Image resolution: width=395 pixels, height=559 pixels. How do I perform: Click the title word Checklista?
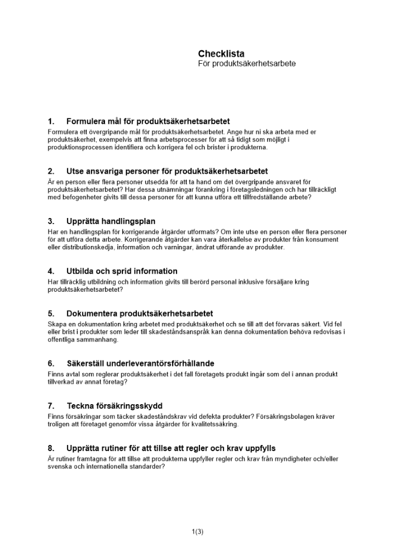point(221,54)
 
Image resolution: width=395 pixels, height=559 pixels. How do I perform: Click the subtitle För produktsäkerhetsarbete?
point(246,64)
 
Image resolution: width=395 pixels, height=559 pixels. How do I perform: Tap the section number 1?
point(51,121)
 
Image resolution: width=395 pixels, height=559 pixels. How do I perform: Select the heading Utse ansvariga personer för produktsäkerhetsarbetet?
point(167,171)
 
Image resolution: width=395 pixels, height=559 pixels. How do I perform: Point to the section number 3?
point(51,221)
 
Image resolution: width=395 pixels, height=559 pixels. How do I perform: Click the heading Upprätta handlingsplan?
point(111,221)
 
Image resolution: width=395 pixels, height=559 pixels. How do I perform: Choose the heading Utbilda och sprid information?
point(122,271)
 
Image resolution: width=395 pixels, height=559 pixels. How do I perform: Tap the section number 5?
point(51,314)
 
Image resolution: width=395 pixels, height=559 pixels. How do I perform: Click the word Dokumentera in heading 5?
point(93,314)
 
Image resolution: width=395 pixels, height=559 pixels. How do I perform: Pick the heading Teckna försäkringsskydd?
point(115,406)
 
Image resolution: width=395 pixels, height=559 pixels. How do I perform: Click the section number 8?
point(51,448)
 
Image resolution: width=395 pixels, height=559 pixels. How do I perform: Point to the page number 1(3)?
point(197,532)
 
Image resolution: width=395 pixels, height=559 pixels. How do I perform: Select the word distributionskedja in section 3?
point(84,248)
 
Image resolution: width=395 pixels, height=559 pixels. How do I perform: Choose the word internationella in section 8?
point(109,467)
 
